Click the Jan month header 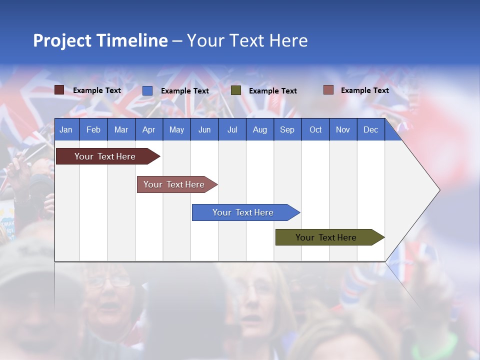point(66,129)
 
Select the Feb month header point(93,129)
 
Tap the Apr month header point(148,129)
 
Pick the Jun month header point(204,129)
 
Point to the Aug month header point(259,129)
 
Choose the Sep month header point(287,129)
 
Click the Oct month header point(315,129)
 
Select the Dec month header point(370,129)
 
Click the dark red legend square point(59,90)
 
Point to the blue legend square point(147,90)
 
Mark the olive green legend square point(236,90)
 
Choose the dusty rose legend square point(328,90)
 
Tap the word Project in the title point(62,40)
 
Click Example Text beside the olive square point(272,91)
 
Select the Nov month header point(342,129)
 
